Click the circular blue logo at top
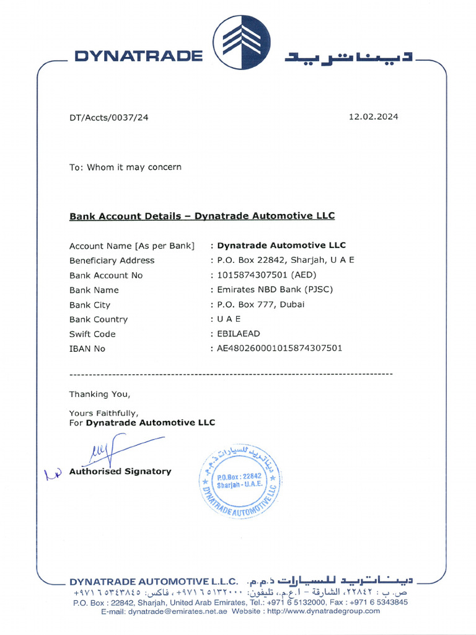click(242, 42)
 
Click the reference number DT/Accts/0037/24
click(108, 117)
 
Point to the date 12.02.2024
click(373, 117)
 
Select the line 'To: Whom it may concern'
click(125, 167)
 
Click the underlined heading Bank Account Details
click(201, 216)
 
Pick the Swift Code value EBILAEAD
click(239, 334)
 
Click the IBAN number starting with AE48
click(279, 349)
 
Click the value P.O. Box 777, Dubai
click(260, 304)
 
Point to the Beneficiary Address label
click(112, 260)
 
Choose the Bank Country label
click(99, 319)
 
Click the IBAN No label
click(87, 349)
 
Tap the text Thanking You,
click(100, 394)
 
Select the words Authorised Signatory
click(120, 471)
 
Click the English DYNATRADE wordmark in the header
click(138, 56)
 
